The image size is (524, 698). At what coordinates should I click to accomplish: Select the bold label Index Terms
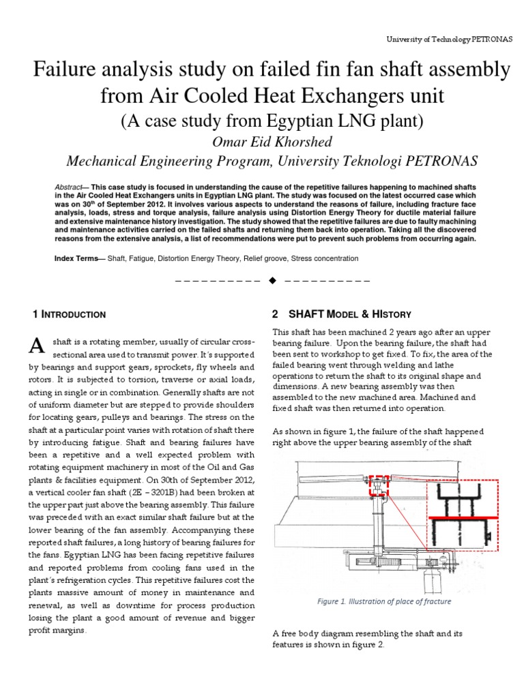(x=74, y=259)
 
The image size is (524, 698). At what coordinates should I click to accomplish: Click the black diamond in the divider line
(x=272, y=280)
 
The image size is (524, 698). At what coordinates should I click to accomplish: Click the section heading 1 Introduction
(x=69, y=315)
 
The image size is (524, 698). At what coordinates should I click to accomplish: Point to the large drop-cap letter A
(x=38, y=346)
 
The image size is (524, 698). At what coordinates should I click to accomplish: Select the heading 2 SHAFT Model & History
(x=341, y=314)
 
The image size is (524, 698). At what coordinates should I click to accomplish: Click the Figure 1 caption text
(x=384, y=602)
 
